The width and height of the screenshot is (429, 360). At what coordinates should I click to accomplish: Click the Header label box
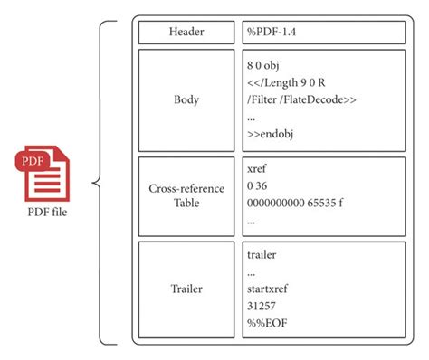tap(186, 32)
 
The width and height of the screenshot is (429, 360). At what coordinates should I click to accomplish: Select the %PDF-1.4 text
tap(271, 33)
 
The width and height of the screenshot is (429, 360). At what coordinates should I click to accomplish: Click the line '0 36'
tap(257, 185)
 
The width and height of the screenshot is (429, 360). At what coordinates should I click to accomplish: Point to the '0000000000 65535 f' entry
tap(297, 203)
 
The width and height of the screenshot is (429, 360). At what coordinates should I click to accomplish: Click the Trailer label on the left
tap(186, 289)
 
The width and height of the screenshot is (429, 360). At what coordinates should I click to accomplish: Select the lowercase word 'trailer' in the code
tap(262, 255)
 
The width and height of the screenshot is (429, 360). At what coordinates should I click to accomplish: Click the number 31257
tap(262, 307)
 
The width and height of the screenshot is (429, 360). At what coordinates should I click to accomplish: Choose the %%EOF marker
tap(265, 324)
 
